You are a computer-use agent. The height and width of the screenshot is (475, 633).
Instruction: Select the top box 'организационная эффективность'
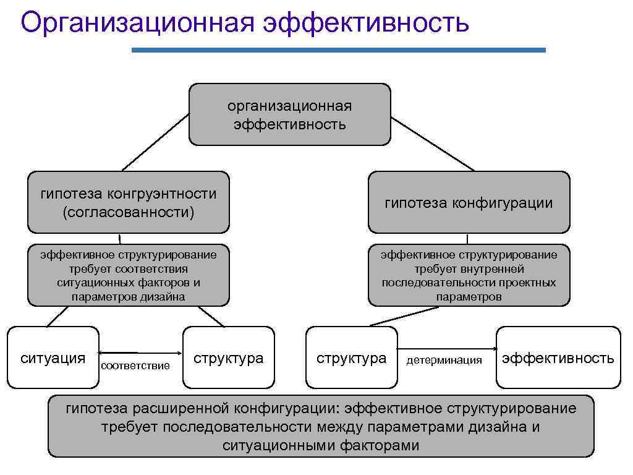click(289, 114)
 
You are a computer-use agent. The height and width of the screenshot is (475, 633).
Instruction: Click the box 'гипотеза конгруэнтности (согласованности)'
click(128, 202)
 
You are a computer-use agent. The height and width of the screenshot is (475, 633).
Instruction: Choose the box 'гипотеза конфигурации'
click(469, 202)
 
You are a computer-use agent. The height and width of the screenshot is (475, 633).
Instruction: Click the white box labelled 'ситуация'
click(53, 357)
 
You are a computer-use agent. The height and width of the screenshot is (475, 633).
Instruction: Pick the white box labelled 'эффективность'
click(558, 357)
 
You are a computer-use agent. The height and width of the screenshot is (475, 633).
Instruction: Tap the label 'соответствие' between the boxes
click(135, 366)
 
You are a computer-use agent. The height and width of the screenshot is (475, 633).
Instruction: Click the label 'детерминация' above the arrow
click(444, 361)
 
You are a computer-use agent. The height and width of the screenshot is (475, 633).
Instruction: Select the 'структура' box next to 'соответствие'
click(228, 357)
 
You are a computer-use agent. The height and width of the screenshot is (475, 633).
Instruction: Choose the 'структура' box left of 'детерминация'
click(351, 357)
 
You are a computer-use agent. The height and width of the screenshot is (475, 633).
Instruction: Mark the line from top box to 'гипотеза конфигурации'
click(432, 143)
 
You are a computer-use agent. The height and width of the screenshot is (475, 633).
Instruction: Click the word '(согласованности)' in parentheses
click(128, 212)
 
